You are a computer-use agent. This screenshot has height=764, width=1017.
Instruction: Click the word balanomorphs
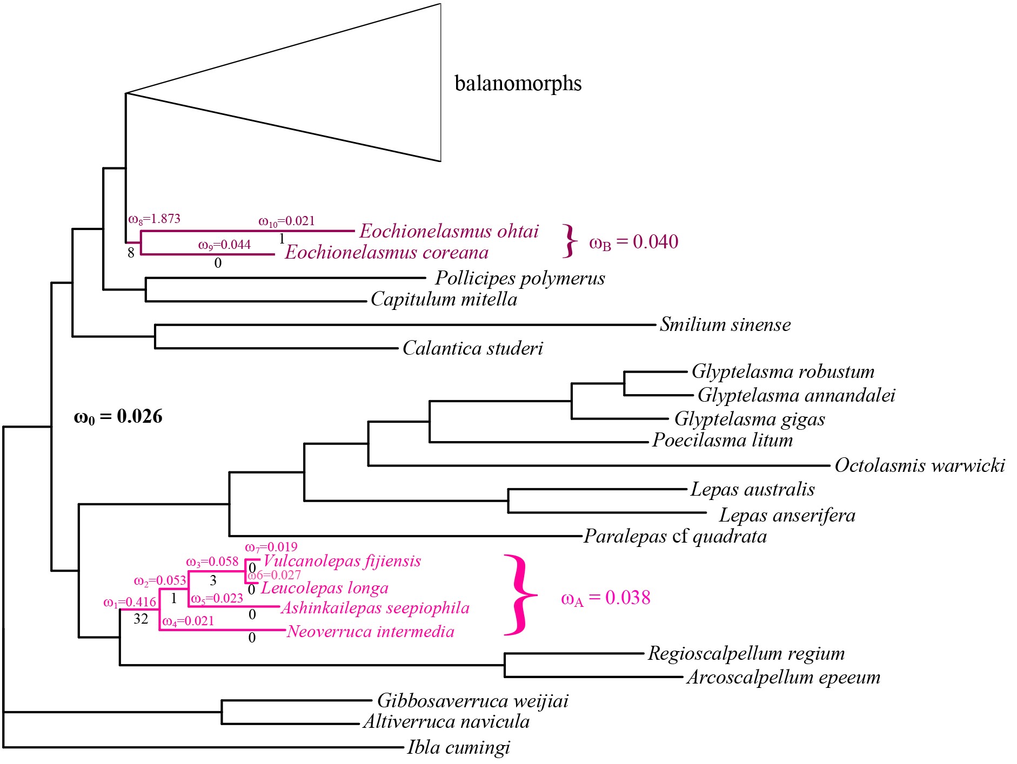point(518,84)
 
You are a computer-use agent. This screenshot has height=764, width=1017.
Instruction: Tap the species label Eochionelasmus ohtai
point(449,231)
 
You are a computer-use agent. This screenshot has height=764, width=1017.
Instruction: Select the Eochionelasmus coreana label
point(386,253)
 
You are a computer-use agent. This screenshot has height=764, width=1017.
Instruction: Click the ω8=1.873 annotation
point(154,219)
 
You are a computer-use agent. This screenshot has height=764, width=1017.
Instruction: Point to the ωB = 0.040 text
point(633,242)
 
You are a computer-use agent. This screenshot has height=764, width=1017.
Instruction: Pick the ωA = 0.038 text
point(605,598)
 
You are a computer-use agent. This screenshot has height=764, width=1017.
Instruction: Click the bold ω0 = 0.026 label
point(118,416)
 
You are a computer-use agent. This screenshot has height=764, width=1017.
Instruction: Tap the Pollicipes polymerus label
point(519,278)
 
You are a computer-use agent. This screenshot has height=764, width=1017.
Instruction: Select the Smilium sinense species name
point(725,324)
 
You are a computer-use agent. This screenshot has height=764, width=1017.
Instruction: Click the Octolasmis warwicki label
point(919,465)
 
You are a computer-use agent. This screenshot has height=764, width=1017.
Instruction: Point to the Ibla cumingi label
point(458,748)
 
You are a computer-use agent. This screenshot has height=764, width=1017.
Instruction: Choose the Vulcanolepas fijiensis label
point(342,561)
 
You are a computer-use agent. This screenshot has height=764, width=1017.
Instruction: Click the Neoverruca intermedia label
point(370,631)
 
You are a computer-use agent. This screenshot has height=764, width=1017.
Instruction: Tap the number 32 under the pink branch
point(140,619)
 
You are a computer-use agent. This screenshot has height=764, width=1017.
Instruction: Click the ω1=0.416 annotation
point(130,602)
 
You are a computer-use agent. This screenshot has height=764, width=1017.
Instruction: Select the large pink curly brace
point(520,595)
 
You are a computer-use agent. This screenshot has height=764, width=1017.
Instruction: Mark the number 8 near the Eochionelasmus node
point(131,252)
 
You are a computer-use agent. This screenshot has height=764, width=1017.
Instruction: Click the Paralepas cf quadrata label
point(675,536)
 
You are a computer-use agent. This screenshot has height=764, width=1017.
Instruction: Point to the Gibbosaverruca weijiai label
point(472,701)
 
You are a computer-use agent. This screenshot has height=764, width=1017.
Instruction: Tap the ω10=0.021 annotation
point(286,221)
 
